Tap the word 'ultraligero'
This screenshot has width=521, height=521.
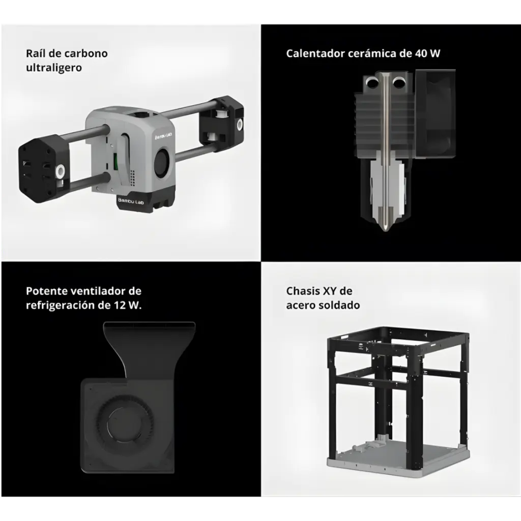coord(53,67)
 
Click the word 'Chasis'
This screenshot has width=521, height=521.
coord(303,291)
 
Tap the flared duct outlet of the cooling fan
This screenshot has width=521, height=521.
coord(150,328)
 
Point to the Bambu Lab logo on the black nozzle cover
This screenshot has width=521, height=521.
coord(131,200)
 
